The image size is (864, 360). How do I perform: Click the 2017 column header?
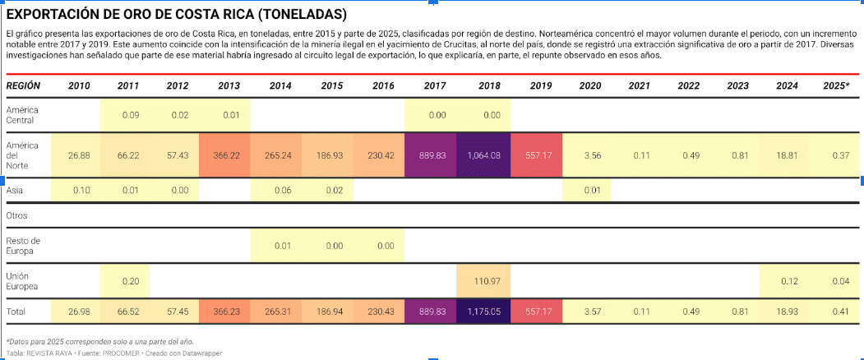[x=435, y=86]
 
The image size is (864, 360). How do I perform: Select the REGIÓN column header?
[x=23, y=86]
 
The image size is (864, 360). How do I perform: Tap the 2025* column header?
[x=836, y=86]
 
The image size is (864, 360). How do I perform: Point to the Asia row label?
[x=14, y=190]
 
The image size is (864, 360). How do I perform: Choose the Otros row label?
[x=16, y=215]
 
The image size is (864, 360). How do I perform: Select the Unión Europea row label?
[x=22, y=281]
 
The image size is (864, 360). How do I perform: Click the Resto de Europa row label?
[x=23, y=246]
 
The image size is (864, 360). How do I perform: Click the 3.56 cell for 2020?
[x=587, y=155]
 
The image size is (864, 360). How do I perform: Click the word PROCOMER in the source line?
[x=122, y=353]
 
